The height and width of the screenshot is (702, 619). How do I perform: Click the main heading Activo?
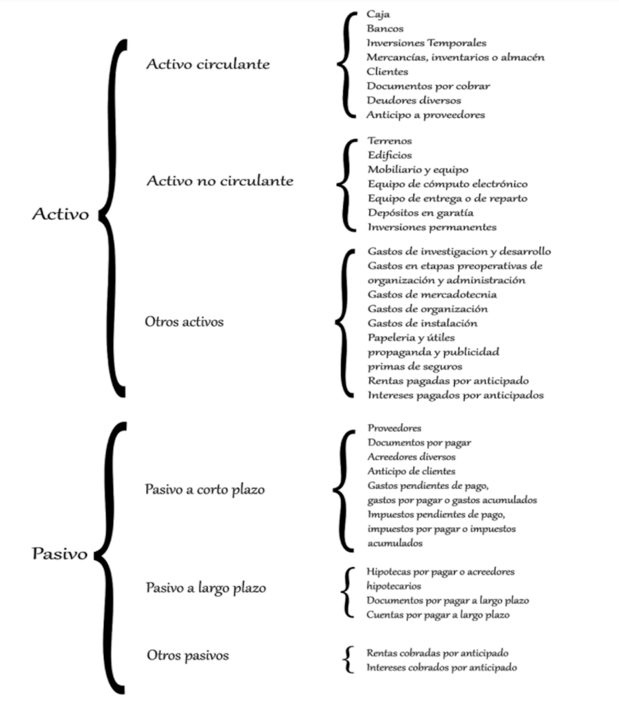coord(60,214)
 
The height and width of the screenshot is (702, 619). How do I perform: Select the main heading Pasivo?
coord(60,554)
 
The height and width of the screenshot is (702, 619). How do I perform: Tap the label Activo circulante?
coord(208,64)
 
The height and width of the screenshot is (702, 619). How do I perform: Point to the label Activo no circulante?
coord(220,180)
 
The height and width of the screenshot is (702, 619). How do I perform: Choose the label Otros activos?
coord(184,322)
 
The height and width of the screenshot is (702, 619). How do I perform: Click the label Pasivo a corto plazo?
coord(205,489)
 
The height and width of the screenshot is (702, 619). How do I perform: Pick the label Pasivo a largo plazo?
coord(205,588)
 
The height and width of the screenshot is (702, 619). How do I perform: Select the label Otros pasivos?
coord(188,655)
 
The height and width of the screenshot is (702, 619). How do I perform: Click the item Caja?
coord(379,14)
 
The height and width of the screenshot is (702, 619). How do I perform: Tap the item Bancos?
coord(385,28)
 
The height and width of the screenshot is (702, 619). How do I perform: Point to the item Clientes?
coord(388,71)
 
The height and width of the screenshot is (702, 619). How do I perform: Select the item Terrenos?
coord(390,141)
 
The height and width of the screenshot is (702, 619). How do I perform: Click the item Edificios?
coord(390,155)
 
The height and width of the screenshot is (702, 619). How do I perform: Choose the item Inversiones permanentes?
coord(432,227)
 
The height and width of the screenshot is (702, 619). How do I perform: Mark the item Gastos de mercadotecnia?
coord(432,294)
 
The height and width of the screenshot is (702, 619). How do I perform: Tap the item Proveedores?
coord(394,428)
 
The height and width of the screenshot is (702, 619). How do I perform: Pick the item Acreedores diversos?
coord(412,457)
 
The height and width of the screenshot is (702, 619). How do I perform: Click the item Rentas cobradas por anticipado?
coord(438,653)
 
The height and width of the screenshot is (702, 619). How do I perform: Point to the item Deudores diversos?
coord(414,100)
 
